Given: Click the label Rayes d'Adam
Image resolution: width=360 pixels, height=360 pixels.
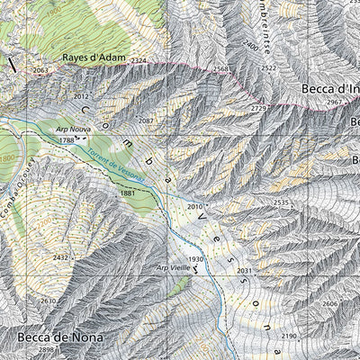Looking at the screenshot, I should (91, 56).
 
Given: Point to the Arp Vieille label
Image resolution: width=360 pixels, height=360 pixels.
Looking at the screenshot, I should (174, 267).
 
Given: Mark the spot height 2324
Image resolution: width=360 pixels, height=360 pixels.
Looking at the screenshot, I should (138, 60).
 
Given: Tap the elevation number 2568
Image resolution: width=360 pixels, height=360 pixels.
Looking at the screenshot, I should (222, 69).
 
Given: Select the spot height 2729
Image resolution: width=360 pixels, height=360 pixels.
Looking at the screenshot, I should (259, 108).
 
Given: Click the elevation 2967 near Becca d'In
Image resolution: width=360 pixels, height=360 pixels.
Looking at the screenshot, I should (335, 103).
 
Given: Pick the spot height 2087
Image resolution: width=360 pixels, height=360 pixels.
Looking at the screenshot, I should (147, 121).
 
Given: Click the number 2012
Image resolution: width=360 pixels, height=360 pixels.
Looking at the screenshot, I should (82, 95).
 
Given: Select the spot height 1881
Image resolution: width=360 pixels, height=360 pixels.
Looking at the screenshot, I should (127, 193).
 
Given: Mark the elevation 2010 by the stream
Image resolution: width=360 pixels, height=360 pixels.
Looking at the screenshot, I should (195, 207).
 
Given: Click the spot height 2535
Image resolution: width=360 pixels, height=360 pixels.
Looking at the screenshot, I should (281, 202).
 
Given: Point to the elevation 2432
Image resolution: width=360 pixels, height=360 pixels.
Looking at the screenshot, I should (60, 257).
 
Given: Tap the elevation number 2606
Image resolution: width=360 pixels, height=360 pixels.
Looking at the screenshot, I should (330, 304).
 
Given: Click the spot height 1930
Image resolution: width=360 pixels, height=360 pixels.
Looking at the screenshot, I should (196, 259).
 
